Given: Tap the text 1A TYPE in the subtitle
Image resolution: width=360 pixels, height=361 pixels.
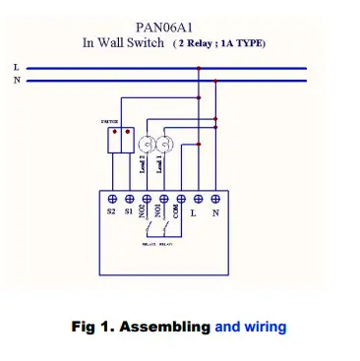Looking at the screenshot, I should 242,45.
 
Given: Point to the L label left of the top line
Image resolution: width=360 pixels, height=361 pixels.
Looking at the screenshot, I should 15,67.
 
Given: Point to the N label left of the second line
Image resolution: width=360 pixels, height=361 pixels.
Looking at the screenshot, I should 15,80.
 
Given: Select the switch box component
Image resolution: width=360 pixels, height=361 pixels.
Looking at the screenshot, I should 121,142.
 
